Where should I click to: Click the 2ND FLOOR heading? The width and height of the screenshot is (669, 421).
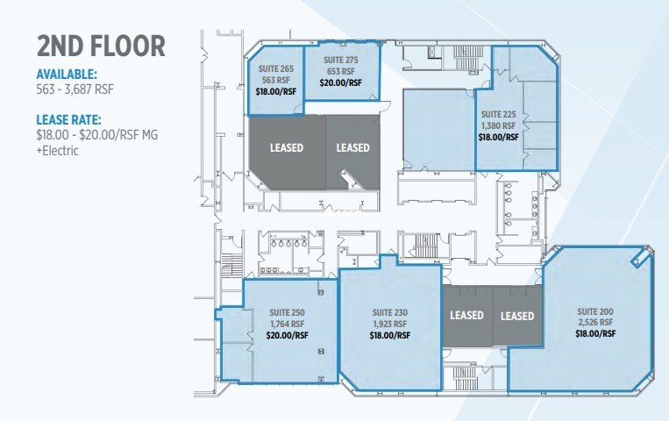point(102,46)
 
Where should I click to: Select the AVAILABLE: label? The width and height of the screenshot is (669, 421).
point(67,75)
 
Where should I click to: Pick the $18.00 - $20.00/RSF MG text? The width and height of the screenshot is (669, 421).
point(97,134)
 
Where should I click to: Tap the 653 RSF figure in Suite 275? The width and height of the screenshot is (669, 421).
point(341,71)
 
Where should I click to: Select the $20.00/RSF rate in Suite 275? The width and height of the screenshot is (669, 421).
point(341,83)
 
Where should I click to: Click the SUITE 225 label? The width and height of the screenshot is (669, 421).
point(498,114)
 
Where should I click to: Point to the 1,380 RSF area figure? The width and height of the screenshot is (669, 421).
point(498,125)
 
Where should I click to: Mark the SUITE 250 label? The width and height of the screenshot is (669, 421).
point(287,312)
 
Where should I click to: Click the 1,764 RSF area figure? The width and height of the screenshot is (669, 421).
point(287,324)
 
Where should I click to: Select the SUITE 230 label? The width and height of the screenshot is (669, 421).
point(389,312)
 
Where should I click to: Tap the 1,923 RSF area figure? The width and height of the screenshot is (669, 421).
point(389,324)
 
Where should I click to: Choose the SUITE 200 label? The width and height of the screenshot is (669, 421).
point(595,311)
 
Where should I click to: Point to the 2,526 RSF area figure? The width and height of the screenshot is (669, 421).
point(595,323)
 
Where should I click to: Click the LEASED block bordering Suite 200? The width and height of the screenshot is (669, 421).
point(517,316)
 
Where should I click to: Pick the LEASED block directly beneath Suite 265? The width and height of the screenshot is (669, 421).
point(287,147)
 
